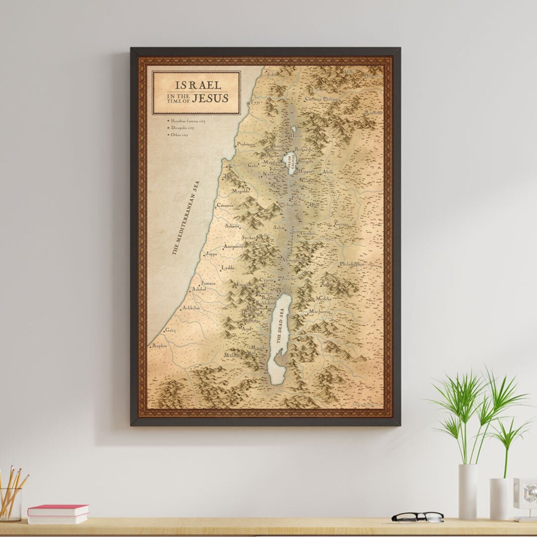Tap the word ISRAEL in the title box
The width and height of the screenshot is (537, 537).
point(198,85)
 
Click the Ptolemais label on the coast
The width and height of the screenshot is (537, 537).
point(245,144)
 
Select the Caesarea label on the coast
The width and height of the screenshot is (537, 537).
point(225,205)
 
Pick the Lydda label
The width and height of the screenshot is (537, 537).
point(228,268)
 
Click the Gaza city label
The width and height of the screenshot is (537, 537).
point(170,330)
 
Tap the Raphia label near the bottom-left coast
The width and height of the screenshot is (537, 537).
point(159,346)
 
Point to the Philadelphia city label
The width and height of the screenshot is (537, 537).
point(352,264)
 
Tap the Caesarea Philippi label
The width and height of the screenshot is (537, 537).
point(322,99)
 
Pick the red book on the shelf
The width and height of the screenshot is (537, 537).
point(58,510)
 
